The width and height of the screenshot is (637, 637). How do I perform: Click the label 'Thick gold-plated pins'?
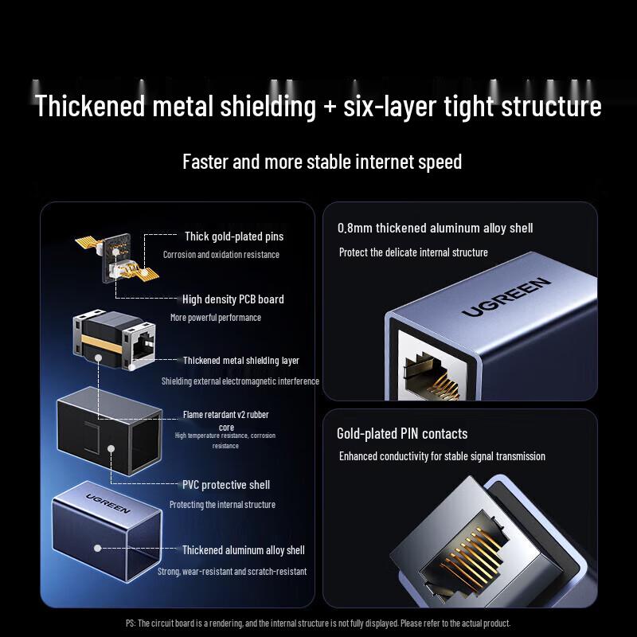(x=234, y=236)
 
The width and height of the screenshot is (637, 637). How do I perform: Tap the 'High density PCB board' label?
(x=233, y=299)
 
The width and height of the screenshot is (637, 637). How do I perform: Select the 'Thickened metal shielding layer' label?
(x=241, y=361)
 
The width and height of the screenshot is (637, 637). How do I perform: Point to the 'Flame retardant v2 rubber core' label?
(x=226, y=420)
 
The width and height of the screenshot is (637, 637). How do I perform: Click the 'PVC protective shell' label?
(x=226, y=485)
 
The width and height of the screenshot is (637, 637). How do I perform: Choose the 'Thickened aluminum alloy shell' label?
(x=244, y=550)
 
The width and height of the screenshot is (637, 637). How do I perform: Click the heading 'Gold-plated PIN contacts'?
(x=402, y=434)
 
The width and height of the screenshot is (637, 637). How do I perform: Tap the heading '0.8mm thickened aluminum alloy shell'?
(x=435, y=229)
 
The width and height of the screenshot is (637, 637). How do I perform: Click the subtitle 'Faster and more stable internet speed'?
(x=322, y=162)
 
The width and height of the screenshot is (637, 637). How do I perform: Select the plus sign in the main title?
(x=330, y=107)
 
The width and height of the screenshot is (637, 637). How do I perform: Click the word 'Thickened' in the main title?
(x=90, y=106)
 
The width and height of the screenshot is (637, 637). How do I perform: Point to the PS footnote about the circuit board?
(x=318, y=623)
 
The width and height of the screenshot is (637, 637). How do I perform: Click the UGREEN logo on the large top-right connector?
(x=506, y=297)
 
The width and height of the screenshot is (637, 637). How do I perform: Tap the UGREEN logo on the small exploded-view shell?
(x=108, y=503)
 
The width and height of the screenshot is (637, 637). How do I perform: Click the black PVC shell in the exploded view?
(x=110, y=430)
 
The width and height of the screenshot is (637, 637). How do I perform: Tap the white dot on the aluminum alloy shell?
(x=97, y=548)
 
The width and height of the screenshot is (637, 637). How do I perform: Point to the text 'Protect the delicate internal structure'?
(x=413, y=252)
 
